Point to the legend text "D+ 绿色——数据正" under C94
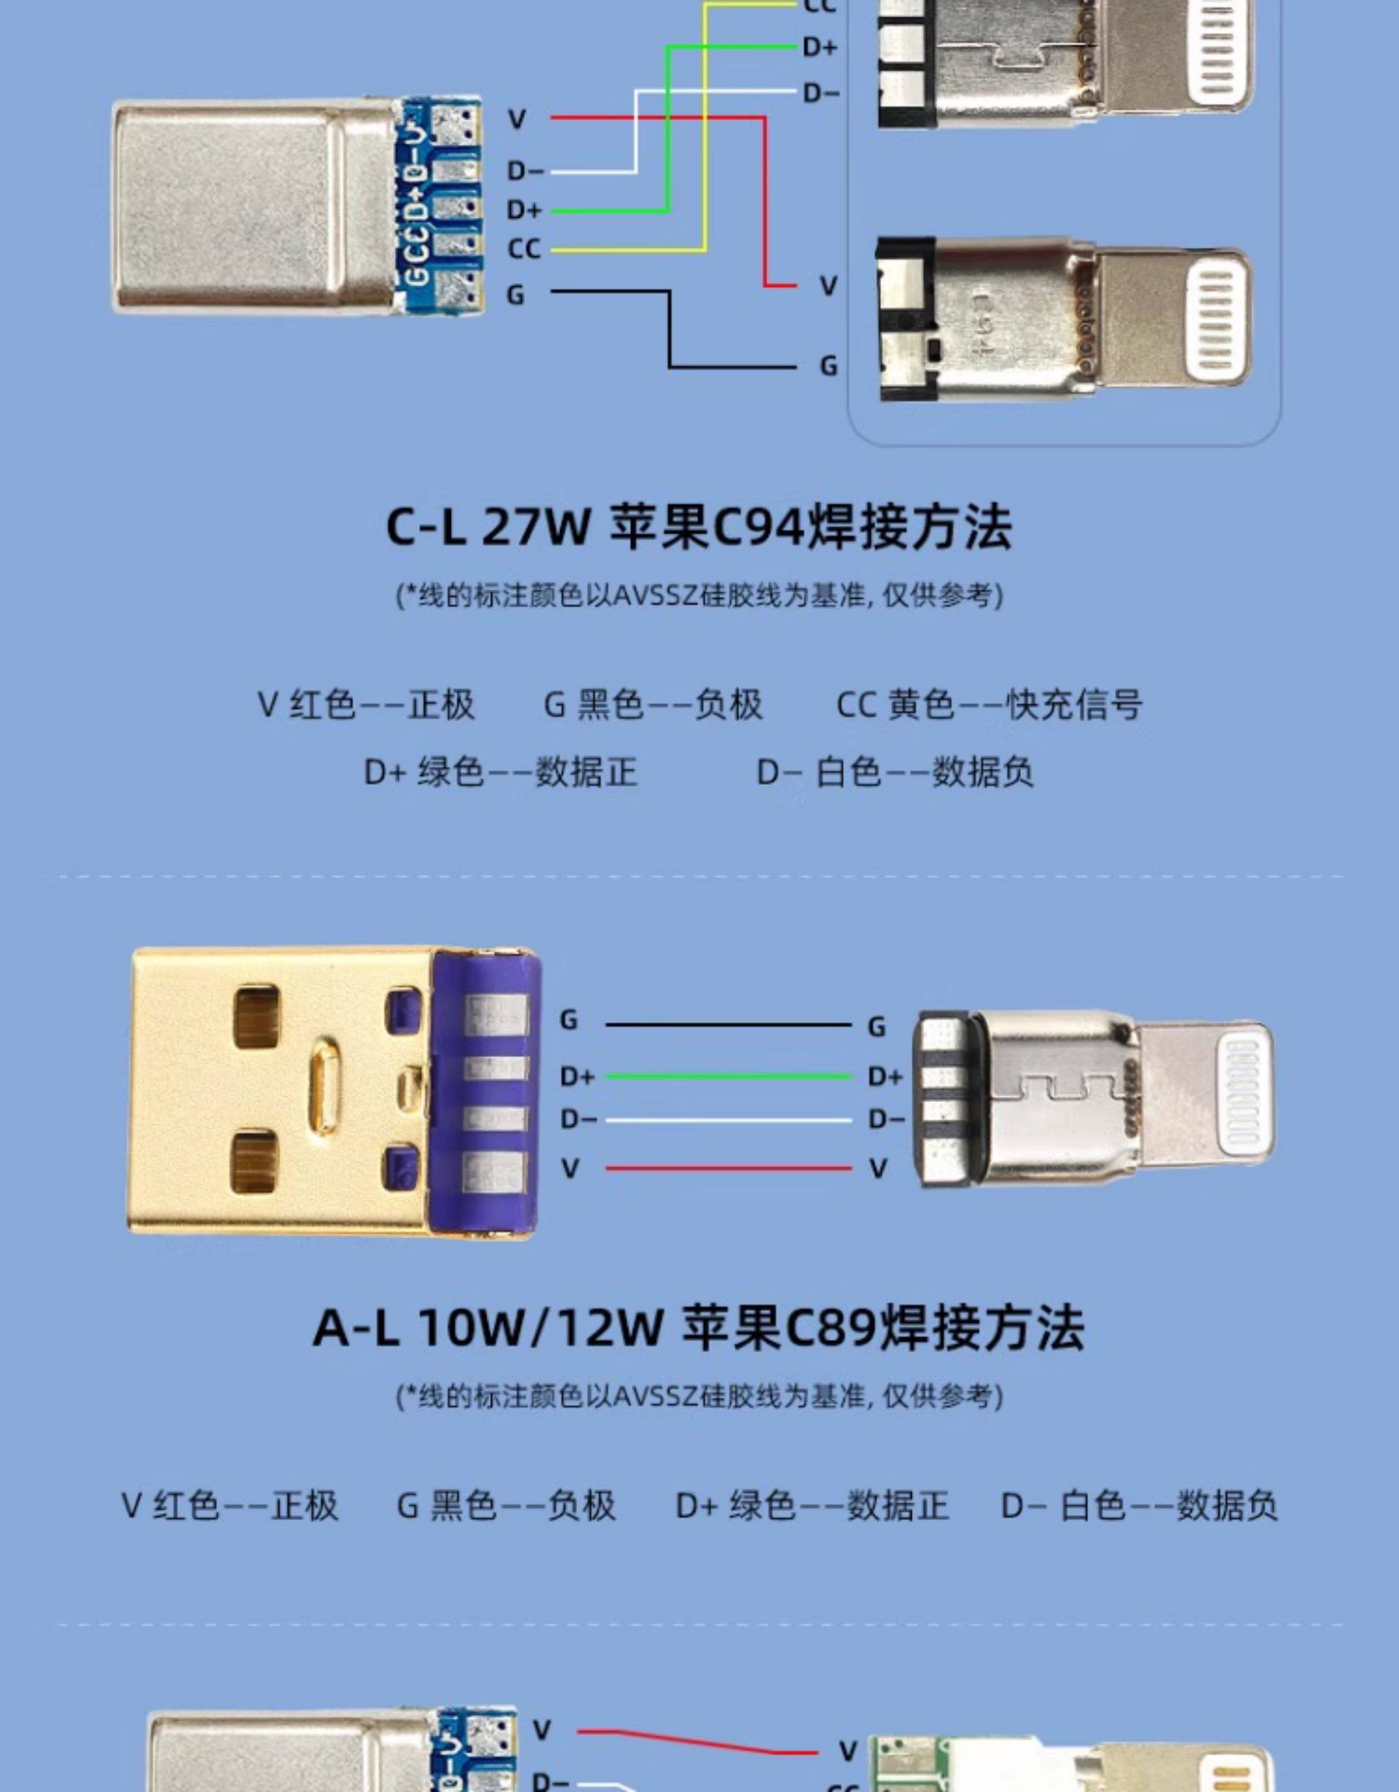[x=500, y=772]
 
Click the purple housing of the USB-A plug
[x=484, y=1091]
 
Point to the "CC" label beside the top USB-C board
[x=523, y=249]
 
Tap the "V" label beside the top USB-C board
[x=516, y=120]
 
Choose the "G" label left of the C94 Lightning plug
[x=829, y=366]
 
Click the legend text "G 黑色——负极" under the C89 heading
[x=506, y=1505]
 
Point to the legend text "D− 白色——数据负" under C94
[x=894, y=772]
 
